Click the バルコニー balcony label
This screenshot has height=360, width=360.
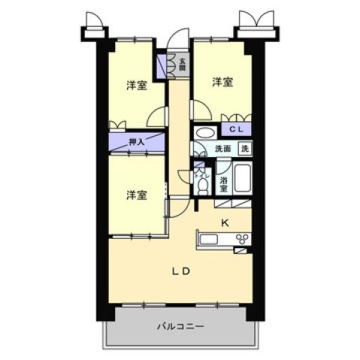(180, 326)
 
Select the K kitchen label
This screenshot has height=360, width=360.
(224, 222)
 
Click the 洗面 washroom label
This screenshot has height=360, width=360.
(224, 149)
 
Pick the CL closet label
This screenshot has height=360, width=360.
(236, 129)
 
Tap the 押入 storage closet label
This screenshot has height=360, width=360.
(136, 141)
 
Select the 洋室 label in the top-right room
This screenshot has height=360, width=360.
(221, 82)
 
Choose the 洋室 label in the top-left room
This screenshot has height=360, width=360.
(136, 85)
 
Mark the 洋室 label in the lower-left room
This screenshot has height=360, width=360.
(136, 195)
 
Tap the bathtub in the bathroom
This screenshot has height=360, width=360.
(241, 180)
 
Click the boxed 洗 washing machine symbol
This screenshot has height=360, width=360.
(244, 149)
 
